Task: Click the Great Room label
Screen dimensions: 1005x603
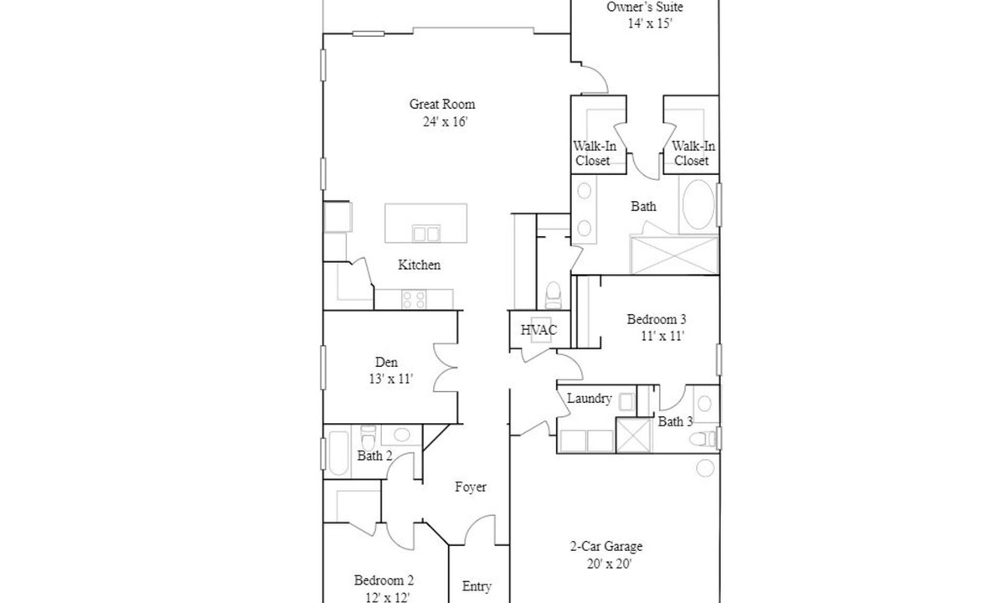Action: point(442,104)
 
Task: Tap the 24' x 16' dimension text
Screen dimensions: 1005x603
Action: point(445,121)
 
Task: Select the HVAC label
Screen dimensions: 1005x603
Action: point(539,330)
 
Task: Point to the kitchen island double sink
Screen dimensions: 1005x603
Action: point(425,234)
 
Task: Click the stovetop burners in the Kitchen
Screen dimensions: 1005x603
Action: point(414,300)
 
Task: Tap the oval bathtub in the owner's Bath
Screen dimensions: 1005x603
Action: point(698,204)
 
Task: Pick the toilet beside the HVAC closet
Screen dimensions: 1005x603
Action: point(554,295)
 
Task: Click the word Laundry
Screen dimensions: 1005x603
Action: point(589,399)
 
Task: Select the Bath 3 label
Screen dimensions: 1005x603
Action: point(675,422)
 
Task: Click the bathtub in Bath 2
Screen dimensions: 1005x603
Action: point(338,452)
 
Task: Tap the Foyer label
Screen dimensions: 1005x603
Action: point(470,487)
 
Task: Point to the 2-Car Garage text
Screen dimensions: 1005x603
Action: point(606,546)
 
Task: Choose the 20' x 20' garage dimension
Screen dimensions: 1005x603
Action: point(609,564)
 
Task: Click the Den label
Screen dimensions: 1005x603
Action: point(386,362)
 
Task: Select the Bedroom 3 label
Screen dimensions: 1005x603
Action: point(657,319)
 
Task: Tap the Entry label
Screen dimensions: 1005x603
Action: point(477,586)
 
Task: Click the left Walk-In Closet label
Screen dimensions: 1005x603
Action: point(594,153)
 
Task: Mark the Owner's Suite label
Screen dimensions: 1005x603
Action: point(645,8)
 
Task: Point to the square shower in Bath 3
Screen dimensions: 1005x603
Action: point(633,435)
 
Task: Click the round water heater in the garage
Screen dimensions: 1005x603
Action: point(705,468)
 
